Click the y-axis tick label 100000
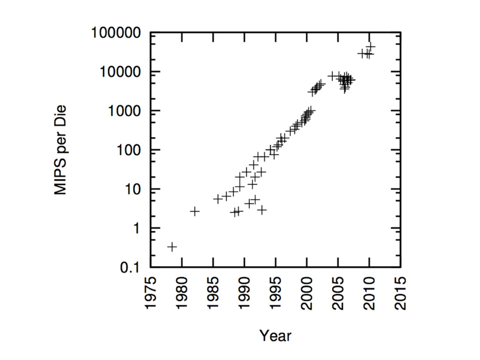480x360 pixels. point(118,33)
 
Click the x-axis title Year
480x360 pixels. point(276,336)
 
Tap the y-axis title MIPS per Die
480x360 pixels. point(60,150)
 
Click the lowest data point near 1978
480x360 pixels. point(172,247)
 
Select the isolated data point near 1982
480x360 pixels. point(195,211)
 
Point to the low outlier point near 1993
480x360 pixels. point(262,210)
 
